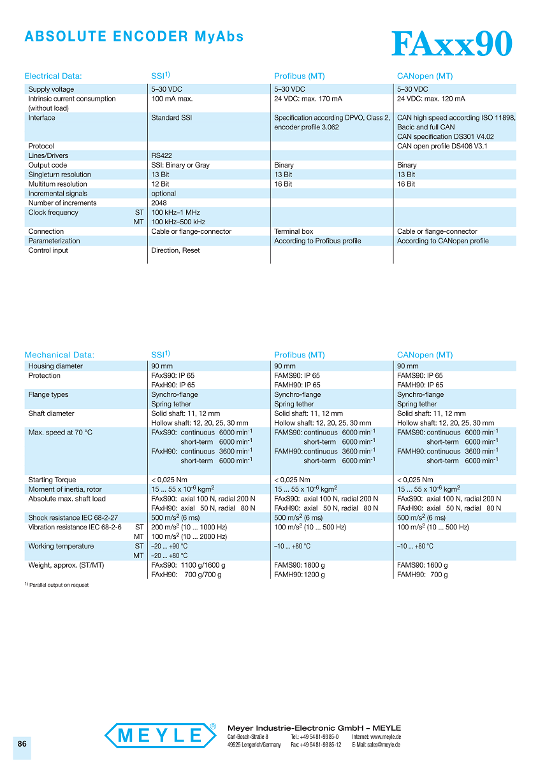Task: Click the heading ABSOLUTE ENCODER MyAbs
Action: click(x=134, y=36)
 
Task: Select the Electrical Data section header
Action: click(x=53, y=76)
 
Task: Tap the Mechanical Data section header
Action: click(x=59, y=355)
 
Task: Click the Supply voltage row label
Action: click(x=51, y=89)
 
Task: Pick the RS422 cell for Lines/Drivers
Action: click(x=161, y=155)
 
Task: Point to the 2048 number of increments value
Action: click(x=159, y=203)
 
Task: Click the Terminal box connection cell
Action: click(x=293, y=231)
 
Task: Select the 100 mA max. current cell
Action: click(x=171, y=99)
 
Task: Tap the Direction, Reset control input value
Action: click(x=175, y=250)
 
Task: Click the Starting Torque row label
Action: click(x=52, y=480)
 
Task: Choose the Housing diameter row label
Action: click(x=55, y=366)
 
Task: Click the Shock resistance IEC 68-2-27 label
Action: click(x=73, y=518)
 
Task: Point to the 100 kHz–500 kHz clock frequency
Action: click(x=178, y=222)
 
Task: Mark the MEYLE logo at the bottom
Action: click(x=161, y=735)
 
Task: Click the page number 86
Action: click(x=22, y=744)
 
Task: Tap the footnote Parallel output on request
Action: click(x=59, y=585)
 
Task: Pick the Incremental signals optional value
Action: click(x=163, y=194)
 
